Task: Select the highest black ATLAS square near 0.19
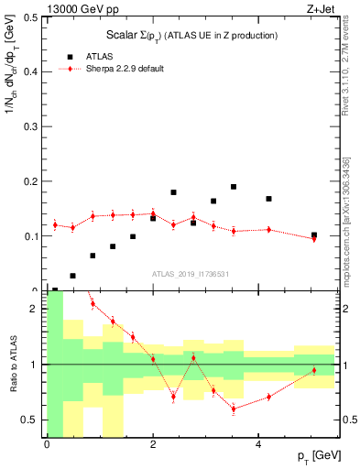click(234, 187)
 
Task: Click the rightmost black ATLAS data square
click(314, 235)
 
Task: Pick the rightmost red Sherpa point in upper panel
click(314, 239)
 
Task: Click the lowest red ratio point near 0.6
click(234, 409)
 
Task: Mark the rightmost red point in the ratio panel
click(314, 371)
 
